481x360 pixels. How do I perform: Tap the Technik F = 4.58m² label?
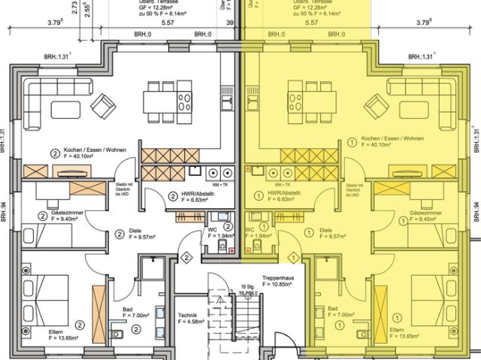pyautogui.click(x=192, y=318)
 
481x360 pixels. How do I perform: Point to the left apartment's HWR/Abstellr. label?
pyautogui.click(x=182, y=197)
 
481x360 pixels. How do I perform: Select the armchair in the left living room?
pyautogui.click(x=103, y=107)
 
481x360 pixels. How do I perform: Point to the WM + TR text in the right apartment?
pyautogui.click(x=283, y=183)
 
